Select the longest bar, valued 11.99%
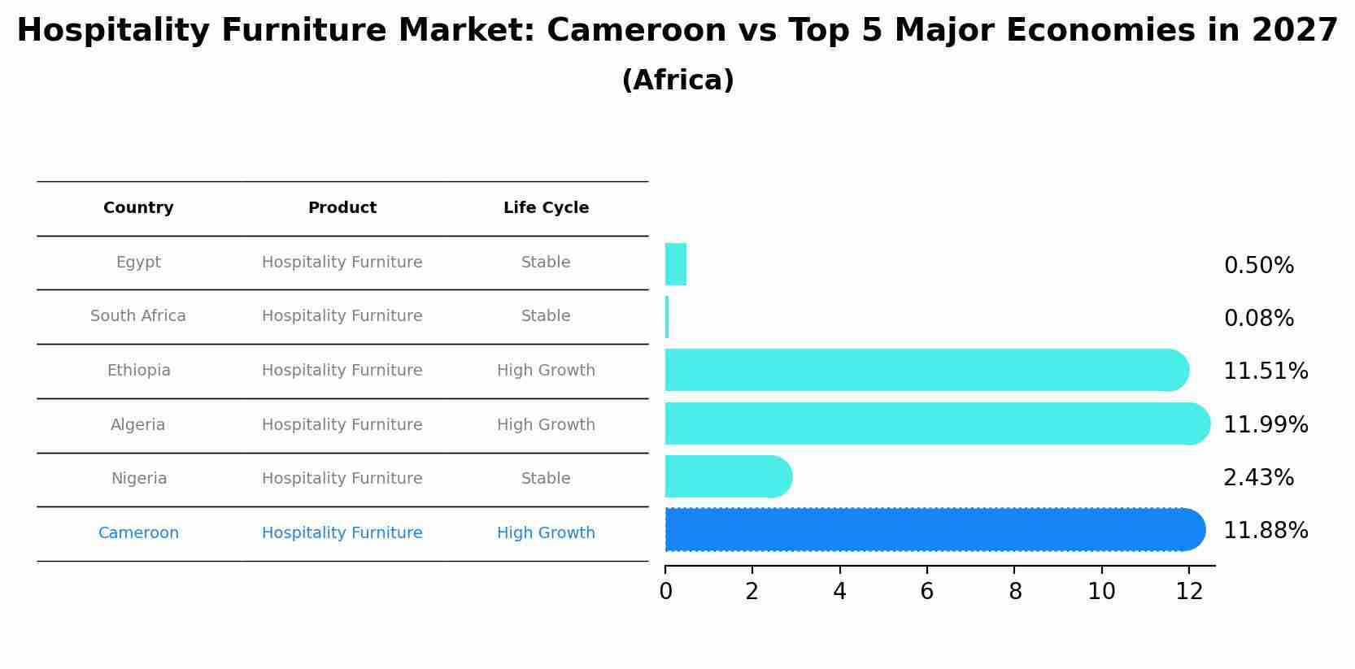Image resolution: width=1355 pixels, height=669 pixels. coord(935,424)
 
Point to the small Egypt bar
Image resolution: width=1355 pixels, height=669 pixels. coord(676,264)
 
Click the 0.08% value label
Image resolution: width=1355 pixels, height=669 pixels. coord(1258,319)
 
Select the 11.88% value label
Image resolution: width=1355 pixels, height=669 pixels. coord(1265,531)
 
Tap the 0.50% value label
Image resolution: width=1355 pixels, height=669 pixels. coord(1258,266)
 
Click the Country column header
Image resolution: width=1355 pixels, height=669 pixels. coord(138,208)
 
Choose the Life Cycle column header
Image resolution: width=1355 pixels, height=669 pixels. coord(546,208)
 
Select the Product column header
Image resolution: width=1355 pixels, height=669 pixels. coord(342,208)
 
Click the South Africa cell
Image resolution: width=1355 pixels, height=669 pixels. coord(138,316)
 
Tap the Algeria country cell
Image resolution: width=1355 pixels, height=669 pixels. coord(138,425)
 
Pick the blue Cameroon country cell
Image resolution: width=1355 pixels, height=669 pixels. coord(138,533)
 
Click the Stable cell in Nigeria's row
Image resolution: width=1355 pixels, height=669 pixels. coord(546,479)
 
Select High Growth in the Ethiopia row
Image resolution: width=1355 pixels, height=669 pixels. coord(546,371)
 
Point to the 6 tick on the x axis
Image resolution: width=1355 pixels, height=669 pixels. coord(926,592)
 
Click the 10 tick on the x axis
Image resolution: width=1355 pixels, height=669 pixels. coord(1101,592)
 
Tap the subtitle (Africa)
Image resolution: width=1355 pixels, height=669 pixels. coord(677,80)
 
